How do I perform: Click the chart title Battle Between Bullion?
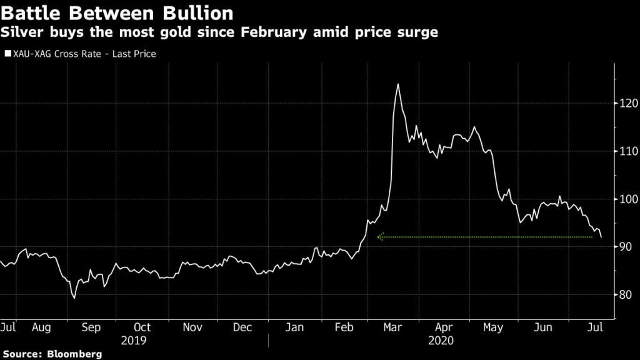pos(117,12)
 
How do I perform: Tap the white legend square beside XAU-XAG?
pos(7,54)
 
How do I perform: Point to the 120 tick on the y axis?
pos(627,103)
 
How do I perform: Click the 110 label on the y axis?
pos(627,151)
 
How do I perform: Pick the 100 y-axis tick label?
pos(627,199)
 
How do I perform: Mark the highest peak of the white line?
pos(397,84)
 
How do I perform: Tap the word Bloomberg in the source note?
pos(74,354)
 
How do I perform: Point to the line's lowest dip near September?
pos(74,298)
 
